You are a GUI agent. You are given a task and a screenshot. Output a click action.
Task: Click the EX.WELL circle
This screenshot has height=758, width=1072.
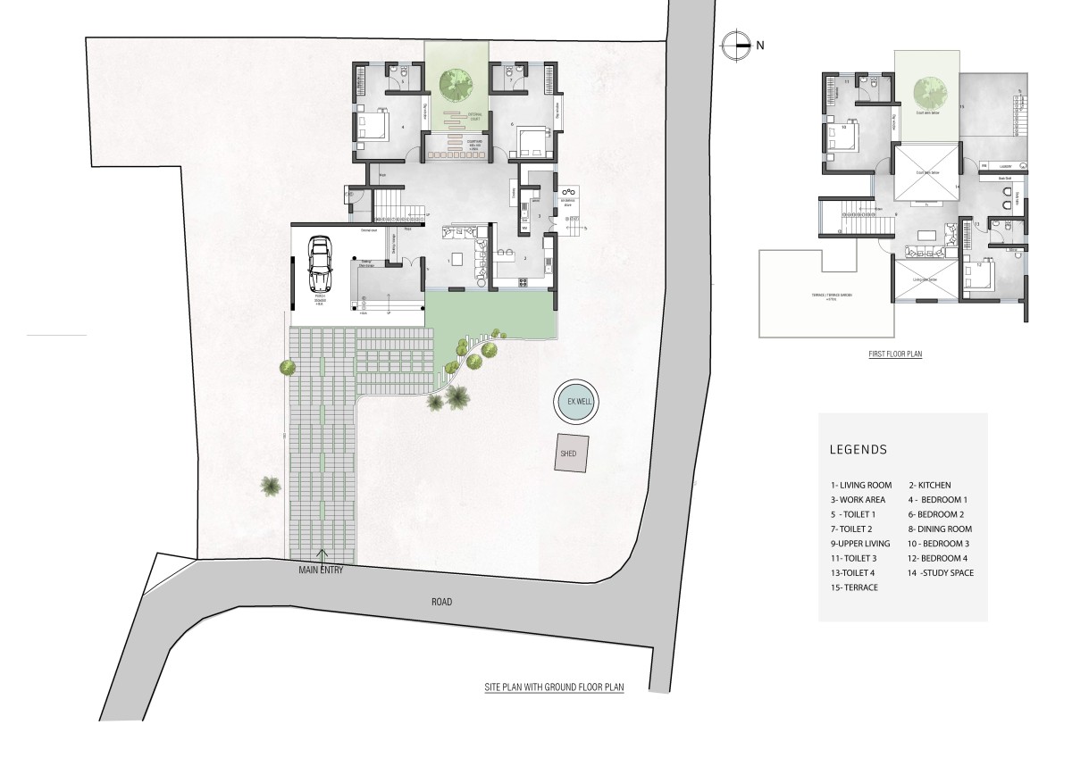point(574,403)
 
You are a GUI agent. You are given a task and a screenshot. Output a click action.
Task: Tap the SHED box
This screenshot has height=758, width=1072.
point(569,453)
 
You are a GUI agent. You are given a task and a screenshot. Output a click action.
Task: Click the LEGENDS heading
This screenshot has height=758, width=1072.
point(858,449)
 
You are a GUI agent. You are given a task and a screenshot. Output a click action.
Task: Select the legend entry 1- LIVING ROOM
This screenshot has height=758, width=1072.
point(860,485)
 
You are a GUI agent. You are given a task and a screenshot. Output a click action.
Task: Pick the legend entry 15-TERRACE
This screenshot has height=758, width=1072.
point(854,587)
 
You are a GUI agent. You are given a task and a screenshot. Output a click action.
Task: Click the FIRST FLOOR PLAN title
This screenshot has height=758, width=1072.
point(895,354)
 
